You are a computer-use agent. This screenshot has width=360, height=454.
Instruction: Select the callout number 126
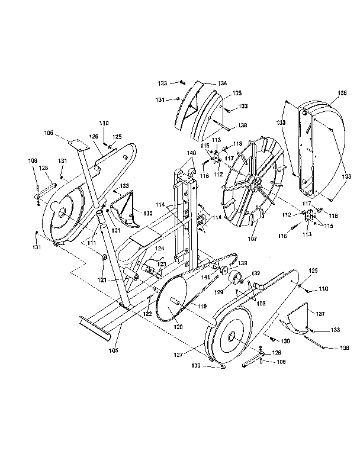94,137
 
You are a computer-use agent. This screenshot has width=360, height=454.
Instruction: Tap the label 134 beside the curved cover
205,83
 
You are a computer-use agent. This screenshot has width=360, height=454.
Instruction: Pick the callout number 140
191,153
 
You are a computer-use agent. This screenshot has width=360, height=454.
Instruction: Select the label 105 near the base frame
113,350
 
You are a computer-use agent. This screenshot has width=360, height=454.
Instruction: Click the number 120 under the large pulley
178,326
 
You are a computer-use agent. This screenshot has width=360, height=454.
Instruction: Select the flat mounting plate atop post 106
76,144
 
